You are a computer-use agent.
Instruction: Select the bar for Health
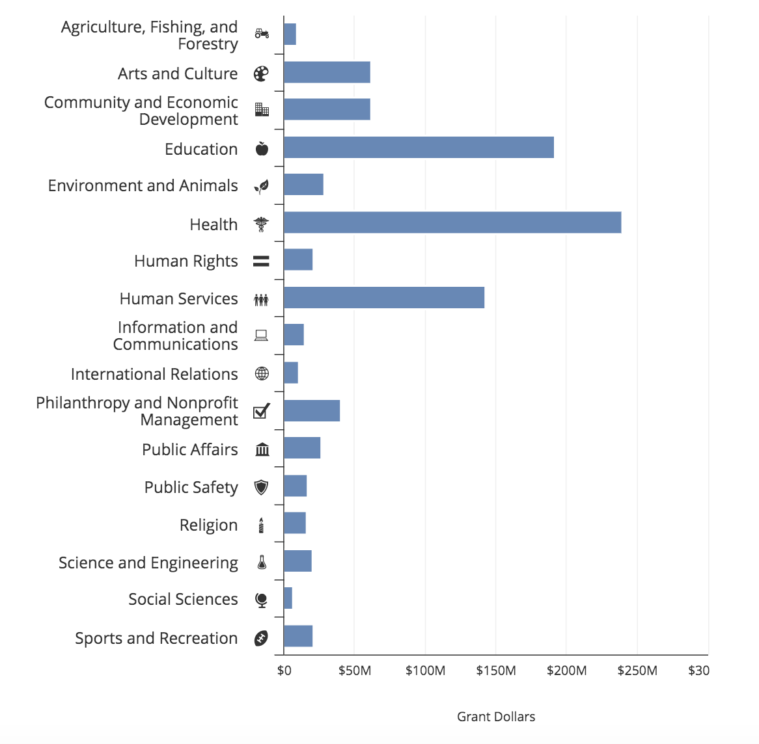tap(452, 222)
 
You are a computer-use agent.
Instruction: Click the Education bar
tap(419, 148)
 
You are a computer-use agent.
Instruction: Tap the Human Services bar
tap(384, 298)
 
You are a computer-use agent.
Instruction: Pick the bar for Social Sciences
tap(288, 598)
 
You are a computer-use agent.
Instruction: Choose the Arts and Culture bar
tap(327, 72)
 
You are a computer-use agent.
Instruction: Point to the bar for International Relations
tap(291, 373)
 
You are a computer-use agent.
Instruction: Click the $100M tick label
tap(425, 671)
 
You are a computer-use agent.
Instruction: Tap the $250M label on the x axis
tap(637, 671)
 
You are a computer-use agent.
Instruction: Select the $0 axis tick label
tap(284, 671)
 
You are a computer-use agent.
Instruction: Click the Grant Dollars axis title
tap(496, 717)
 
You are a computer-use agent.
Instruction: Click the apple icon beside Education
tap(262, 149)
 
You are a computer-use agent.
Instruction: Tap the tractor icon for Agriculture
tap(262, 33)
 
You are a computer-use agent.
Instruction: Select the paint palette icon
tap(261, 73)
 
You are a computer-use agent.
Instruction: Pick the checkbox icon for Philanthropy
tap(262, 411)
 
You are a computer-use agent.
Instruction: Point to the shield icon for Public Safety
tap(262, 487)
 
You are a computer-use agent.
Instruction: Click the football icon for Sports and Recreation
tap(261, 639)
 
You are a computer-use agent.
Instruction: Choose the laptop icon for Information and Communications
tap(262, 336)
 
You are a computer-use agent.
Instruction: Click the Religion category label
tap(208, 525)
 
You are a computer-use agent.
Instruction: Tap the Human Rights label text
tap(186, 261)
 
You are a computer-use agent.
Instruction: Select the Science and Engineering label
tap(148, 563)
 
